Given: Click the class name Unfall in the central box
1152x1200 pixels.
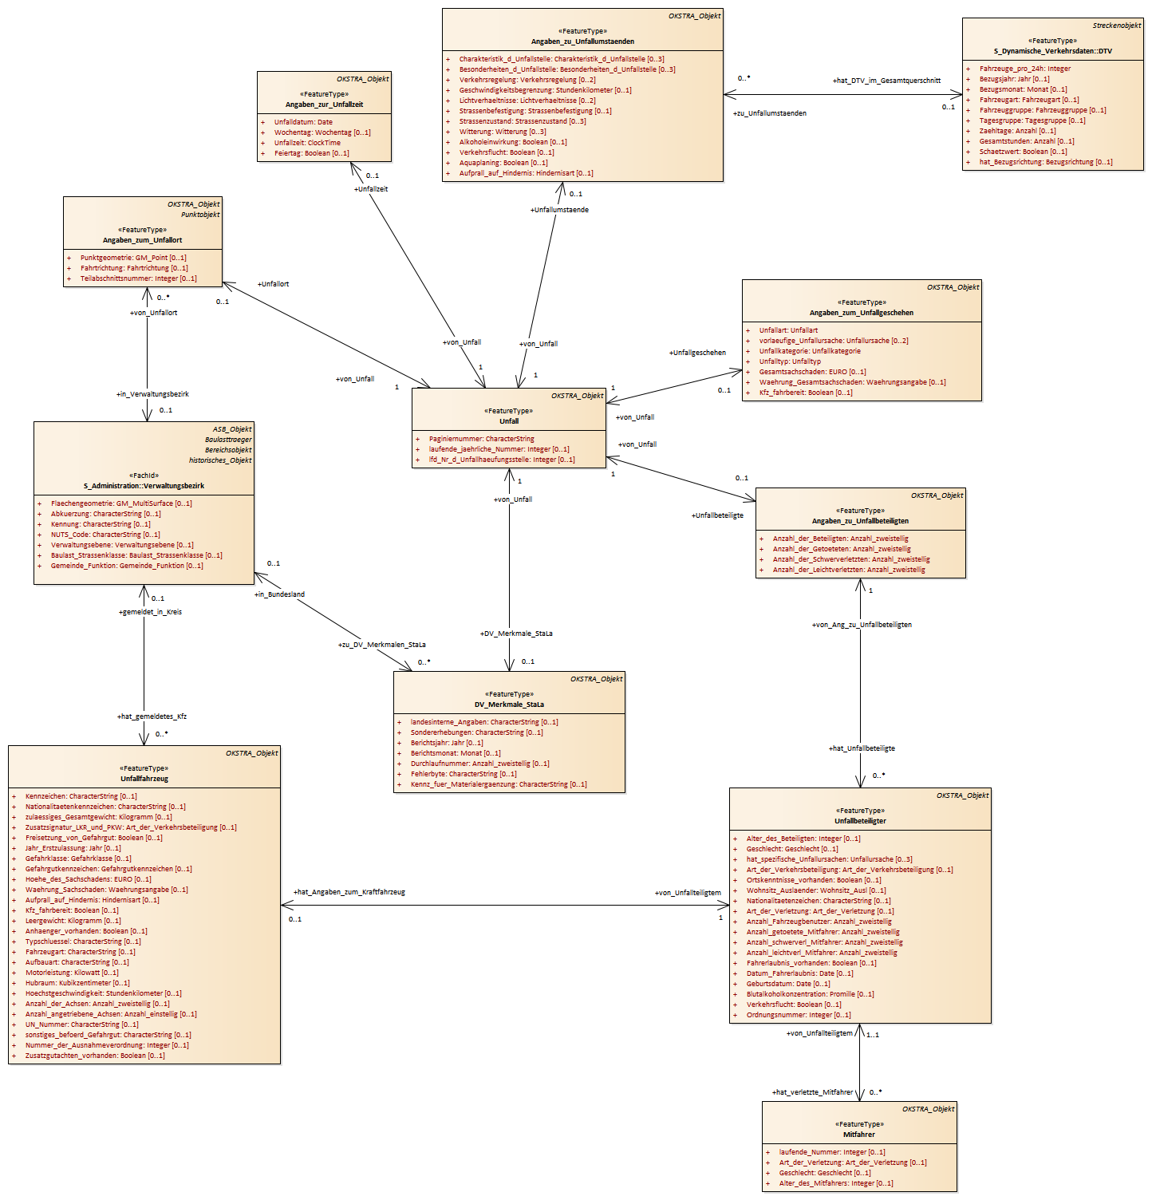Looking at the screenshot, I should pyautogui.click(x=509, y=421).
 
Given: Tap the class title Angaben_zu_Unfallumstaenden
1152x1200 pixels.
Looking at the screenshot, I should pyautogui.click(x=582, y=41).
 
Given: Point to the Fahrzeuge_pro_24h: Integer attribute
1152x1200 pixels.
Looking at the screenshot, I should pyautogui.click(x=1024, y=69).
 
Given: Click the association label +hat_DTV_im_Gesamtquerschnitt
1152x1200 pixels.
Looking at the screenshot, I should pyautogui.click(x=886, y=81).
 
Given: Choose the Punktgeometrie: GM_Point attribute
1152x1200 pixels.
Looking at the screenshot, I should pyautogui.click(x=132, y=258).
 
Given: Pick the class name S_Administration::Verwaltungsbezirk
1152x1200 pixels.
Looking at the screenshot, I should pyautogui.click(x=144, y=486).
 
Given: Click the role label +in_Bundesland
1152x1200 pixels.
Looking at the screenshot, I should pyautogui.click(x=279, y=594).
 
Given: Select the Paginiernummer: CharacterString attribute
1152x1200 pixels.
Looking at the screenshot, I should pyautogui.click(x=481, y=439).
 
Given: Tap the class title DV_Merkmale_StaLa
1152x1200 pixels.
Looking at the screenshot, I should pyautogui.click(x=509, y=705).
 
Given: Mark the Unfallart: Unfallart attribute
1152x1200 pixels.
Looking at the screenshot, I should pyautogui.click(x=788, y=330).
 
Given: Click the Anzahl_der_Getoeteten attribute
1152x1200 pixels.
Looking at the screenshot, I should pyautogui.click(x=841, y=549).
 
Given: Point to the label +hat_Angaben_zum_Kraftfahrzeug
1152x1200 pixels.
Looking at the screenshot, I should pyautogui.click(x=349, y=892).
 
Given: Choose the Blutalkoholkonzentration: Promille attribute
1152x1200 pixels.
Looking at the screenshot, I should pyautogui.click(x=810, y=994).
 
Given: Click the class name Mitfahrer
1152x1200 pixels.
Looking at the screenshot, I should pyautogui.click(x=858, y=1135).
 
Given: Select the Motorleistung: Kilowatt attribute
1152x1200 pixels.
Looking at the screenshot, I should pyautogui.click(x=72, y=973).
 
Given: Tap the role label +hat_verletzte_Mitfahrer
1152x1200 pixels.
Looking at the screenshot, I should pyautogui.click(x=812, y=1092).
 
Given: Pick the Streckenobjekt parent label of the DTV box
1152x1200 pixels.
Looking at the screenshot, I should pyautogui.click(x=1116, y=26).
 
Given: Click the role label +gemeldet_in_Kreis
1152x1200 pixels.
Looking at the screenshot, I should pyautogui.click(x=150, y=612).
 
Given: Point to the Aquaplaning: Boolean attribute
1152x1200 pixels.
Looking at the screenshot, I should pyautogui.click(x=503, y=163).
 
